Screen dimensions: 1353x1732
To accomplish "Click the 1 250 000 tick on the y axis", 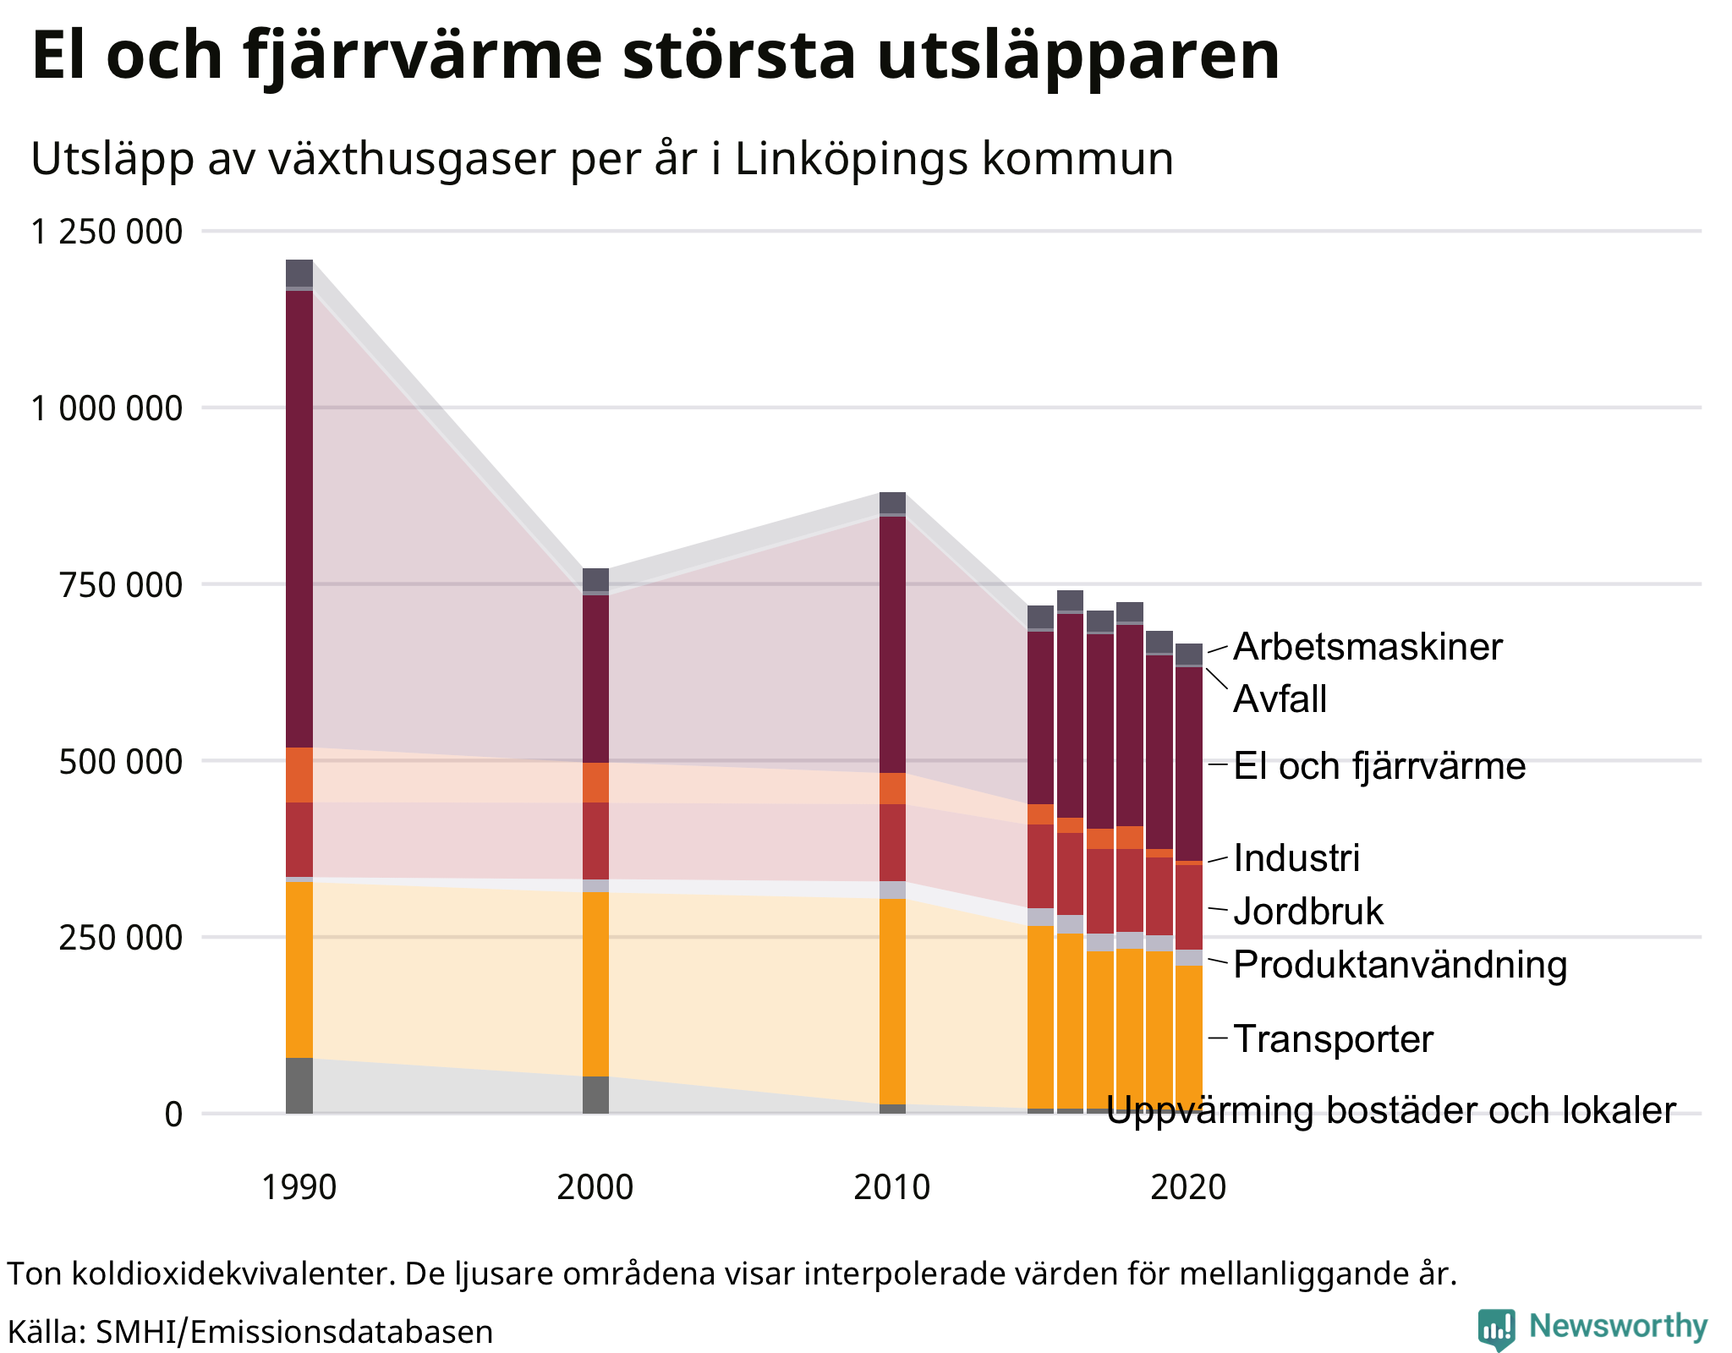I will pos(107,231).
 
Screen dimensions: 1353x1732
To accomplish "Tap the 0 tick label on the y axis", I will pos(173,1115).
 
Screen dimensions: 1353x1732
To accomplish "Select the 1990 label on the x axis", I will pos(299,1188).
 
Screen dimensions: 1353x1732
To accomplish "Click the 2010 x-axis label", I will pos(891,1188).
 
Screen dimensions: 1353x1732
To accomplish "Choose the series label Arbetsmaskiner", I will pos(1368,647).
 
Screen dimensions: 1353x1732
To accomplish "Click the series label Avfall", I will pos(1280,699).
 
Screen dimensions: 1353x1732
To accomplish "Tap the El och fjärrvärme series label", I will pos(1379,766).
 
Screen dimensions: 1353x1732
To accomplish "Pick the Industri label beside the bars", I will pos(1296,858).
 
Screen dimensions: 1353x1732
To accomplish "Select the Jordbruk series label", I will pos(1308,912).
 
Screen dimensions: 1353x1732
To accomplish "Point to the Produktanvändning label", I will pos(1400,965).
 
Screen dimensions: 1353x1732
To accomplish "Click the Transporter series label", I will pos(1334,1038).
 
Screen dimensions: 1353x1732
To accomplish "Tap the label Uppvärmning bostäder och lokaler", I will pos(1390,1110).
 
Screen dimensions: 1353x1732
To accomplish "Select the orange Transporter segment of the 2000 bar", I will pos(596,983).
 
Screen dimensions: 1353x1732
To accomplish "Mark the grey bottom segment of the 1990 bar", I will pos(299,1085).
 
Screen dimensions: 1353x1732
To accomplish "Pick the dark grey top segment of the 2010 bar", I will pos(892,502).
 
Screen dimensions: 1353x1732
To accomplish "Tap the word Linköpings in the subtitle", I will pos(851,159).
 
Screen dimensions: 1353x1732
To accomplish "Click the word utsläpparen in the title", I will pos(1077,56).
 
